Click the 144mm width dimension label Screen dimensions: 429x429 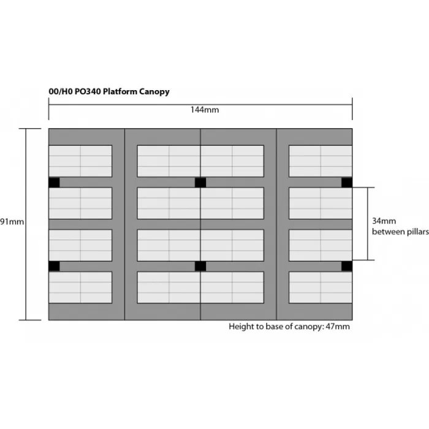coord(200,110)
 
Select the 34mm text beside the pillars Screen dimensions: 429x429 coord(384,221)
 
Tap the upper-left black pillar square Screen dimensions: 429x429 coord(54,183)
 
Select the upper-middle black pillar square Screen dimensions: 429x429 coord(200,183)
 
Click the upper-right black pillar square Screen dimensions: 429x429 coord(346,183)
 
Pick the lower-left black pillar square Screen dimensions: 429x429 coord(54,266)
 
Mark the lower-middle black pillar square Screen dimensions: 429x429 coord(200,266)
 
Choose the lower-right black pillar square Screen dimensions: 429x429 coord(346,266)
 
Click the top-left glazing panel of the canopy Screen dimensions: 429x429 coord(80,161)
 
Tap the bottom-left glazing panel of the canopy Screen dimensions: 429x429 coord(80,287)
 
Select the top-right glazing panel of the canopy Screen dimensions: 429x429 coord(320,161)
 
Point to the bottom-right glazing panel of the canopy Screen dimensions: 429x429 coord(320,287)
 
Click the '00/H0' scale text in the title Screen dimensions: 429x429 coord(59,91)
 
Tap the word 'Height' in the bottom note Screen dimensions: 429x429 coord(241,327)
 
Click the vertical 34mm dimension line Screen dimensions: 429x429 coord(367,224)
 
